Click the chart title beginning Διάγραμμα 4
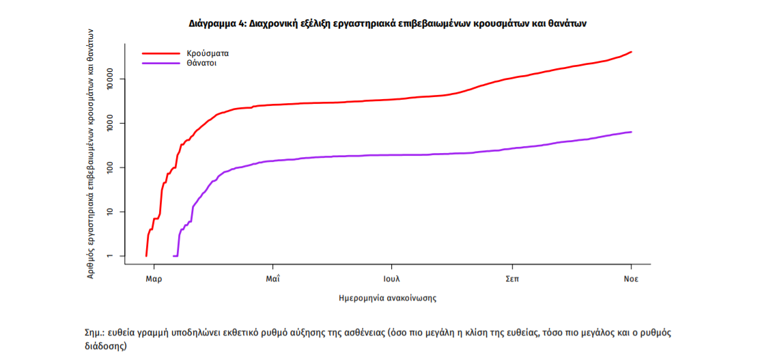pyautogui.click(x=388, y=23)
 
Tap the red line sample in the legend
pyautogui.click(x=158, y=53)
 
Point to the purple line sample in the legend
pyautogui.click(x=158, y=63)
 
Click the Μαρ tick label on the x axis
pyautogui.click(x=154, y=279)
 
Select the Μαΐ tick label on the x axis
pyautogui.click(x=273, y=279)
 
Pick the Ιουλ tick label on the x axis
pyautogui.click(x=391, y=279)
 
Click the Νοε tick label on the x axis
pyautogui.click(x=631, y=279)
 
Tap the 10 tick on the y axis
pyautogui.click(x=114, y=212)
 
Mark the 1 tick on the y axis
pyautogui.click(x=114, y=256)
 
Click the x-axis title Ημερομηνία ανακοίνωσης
pyautogui.click(x=387, y=299)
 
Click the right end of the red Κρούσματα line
pyautogui.click(x=631, y=52)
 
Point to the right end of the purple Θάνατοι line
pyautogui.click(x=631, y=132)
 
